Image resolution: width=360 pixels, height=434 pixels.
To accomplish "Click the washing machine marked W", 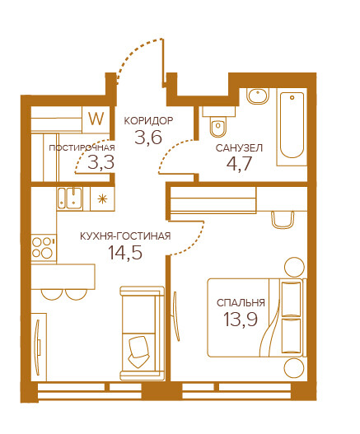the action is [x=96, y=119].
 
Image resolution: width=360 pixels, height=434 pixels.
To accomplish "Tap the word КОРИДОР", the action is [x=149, y=121].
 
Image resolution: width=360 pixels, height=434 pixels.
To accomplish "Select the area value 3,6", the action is [x=148, y=137].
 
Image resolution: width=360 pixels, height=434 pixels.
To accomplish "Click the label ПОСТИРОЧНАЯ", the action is [x=82, y=148].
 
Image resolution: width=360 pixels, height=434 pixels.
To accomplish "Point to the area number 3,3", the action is [x=101, y=162].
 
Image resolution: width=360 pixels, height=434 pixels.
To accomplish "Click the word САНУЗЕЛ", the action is [x=239, y=148].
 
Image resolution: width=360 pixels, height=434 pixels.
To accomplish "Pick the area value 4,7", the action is [x=239, y=164].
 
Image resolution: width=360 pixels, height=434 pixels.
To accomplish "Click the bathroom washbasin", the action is [x=258, y=96].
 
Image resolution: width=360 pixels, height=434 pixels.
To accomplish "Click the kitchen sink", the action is [x=69, y=198].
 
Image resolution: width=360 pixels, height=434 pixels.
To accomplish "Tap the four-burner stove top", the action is [x=44, y=248].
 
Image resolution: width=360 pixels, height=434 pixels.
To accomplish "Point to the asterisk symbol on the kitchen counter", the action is [x=102, y=198].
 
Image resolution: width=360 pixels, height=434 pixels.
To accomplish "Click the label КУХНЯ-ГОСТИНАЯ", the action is [x=125, y=236].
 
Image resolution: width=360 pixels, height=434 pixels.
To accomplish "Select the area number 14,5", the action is [x=125, y=253].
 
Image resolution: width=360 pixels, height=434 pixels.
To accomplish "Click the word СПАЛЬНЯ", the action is [x=241, y=303].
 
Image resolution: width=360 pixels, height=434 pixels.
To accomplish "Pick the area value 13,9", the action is [x=241, y=319].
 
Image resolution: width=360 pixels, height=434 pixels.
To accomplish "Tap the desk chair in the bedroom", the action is [x=283, y=220].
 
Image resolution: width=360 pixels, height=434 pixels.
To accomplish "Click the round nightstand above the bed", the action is [x=294, y=267].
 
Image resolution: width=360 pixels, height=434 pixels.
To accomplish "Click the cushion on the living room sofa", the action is [x=139, y=352].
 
